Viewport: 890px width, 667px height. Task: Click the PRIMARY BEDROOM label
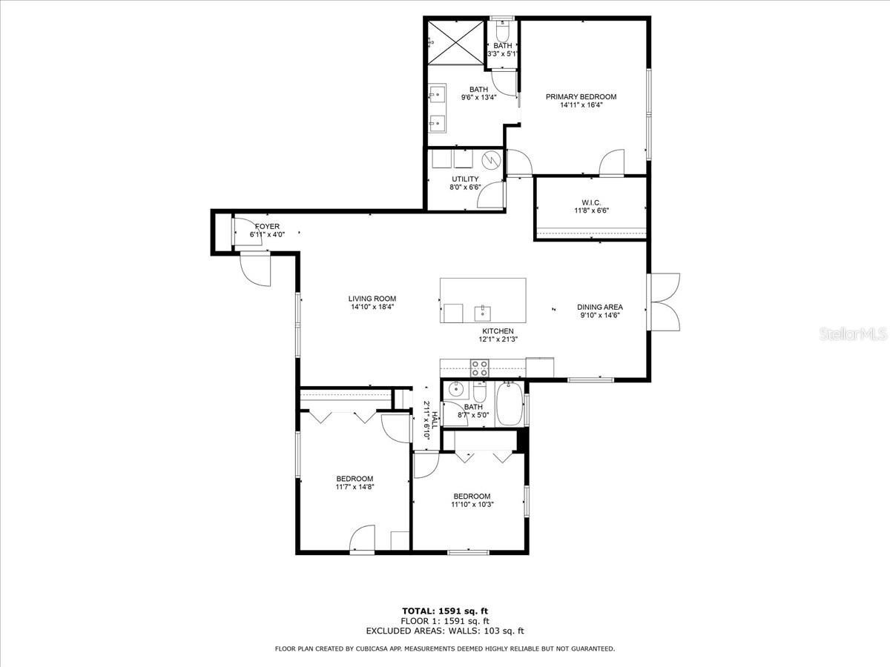point(581,97)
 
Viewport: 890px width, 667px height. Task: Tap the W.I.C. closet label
point(591,202)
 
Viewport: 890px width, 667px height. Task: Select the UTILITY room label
point(465,179)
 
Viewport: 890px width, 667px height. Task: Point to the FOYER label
point(267,226)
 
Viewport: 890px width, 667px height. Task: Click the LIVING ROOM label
point(372,299)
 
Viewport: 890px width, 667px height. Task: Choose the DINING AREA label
point(600,307)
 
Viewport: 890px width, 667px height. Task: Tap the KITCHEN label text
point(498,331)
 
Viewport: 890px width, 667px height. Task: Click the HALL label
point(435,420)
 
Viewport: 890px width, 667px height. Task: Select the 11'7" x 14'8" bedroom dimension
point(355,487)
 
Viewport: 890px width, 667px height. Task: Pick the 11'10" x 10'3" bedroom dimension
point(472,505)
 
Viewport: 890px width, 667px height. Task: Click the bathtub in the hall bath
point(510,404)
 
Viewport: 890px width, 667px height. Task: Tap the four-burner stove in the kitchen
point(480,368)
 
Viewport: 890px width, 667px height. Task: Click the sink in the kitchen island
point(483,313)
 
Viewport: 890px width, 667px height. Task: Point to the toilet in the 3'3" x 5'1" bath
point(503,28)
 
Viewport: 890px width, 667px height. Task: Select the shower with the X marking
point(456,42)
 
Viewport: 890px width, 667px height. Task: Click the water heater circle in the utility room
point(492,160)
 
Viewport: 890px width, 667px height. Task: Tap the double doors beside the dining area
point(664,302)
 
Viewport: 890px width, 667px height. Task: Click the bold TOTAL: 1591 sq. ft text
point(445,611)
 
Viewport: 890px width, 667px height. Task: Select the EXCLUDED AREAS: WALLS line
point(445,631)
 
